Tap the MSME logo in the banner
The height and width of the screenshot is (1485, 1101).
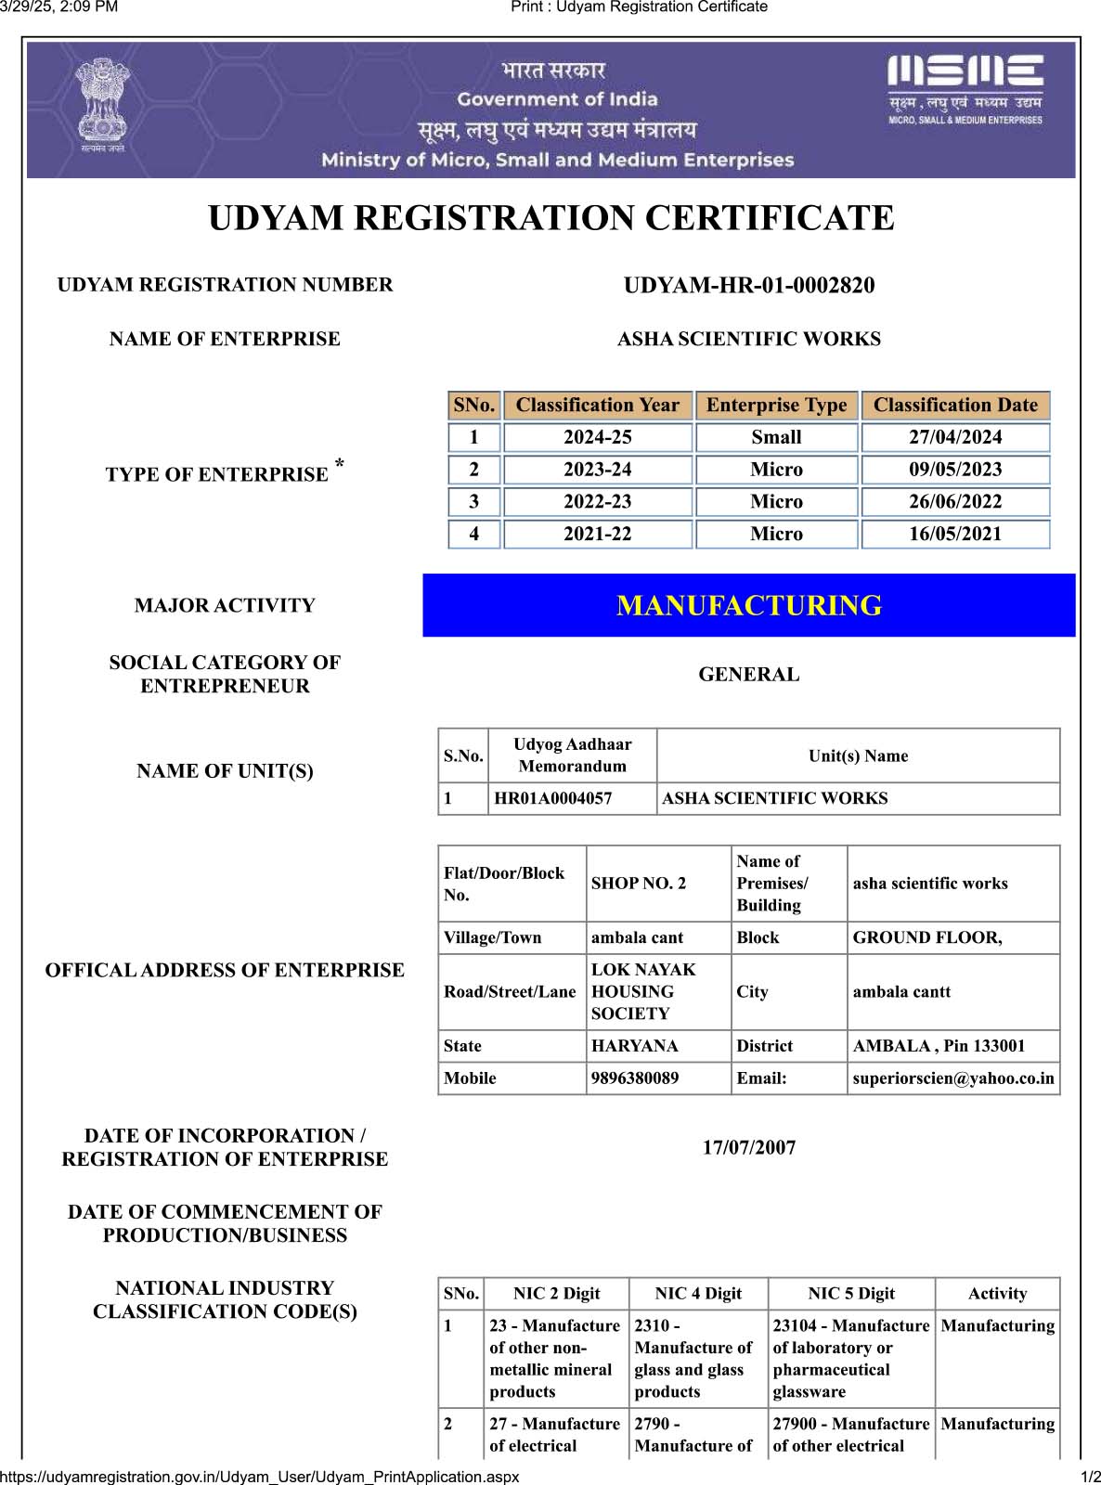[x=965, y=89]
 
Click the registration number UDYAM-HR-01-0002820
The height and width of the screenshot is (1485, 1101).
[x=748, y=286]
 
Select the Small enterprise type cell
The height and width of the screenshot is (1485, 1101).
[x=776, y=437]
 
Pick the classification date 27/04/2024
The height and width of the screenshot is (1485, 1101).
[x=955, y=437]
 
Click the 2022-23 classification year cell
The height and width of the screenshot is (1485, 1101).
[x=597, y=502]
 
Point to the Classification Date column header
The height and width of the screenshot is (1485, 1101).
[x=955, y=406]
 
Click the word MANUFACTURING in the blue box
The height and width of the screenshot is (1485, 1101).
[x=748, y=606]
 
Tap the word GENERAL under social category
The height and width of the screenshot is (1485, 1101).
[x=748, y=675]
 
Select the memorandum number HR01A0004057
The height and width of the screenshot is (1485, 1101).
[x=553, y=798]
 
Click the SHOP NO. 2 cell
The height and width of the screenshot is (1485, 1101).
[x=639, y=884]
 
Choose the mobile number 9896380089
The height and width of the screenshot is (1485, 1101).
[x=635, y=1078]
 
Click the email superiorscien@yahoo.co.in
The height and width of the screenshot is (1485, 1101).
[x=953, y=1078]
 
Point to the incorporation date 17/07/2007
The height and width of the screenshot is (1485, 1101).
[x=748, y=1148]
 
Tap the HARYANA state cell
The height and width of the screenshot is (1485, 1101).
[x=635, y=1046]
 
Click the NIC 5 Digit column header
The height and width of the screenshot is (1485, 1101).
[x=851, y=1294]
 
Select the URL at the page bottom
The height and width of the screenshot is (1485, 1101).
[x=260, y=1477]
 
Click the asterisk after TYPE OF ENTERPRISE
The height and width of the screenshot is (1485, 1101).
[x=340, y=463]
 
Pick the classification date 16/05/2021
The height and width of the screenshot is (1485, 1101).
[x=955, y=535]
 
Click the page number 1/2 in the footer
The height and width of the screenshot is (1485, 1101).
[x=1090, y=1477]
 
